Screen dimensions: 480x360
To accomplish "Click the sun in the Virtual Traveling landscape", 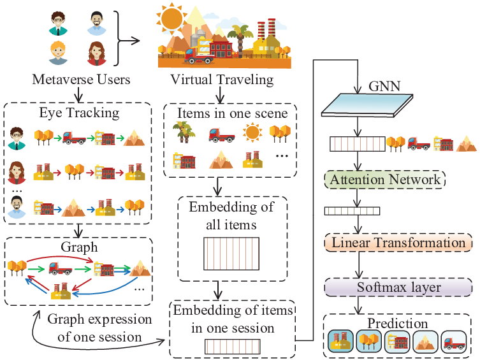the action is coord(171,18).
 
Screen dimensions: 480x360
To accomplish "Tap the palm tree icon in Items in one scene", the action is coord(184,132).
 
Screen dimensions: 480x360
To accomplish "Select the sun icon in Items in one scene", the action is coord(252,133).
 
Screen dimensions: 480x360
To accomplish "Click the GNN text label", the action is coord(384,86).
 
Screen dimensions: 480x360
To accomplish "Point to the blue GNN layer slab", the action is coord(367,105).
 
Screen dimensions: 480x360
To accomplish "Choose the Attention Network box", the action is coord(385,180).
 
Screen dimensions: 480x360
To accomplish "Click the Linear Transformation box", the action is coord(398,243).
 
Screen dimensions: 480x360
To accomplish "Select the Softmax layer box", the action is coord(398,287).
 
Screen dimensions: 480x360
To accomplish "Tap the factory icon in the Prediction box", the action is coord(340,342).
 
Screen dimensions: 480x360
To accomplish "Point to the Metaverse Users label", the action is coord(81,79).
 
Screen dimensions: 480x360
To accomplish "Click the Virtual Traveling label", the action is coord(222,79).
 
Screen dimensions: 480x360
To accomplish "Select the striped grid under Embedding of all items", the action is coord(231,254).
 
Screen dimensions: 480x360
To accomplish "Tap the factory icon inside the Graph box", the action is coord(61,291).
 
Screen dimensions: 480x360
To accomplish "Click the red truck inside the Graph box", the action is coord(61,268).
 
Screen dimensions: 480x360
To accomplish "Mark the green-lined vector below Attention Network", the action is coord(352,211).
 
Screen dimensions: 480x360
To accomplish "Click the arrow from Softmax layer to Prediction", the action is coord(358,305).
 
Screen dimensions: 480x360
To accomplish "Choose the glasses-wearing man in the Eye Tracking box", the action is coord(16,138).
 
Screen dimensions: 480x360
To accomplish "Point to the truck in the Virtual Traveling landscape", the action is coord(199,55).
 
